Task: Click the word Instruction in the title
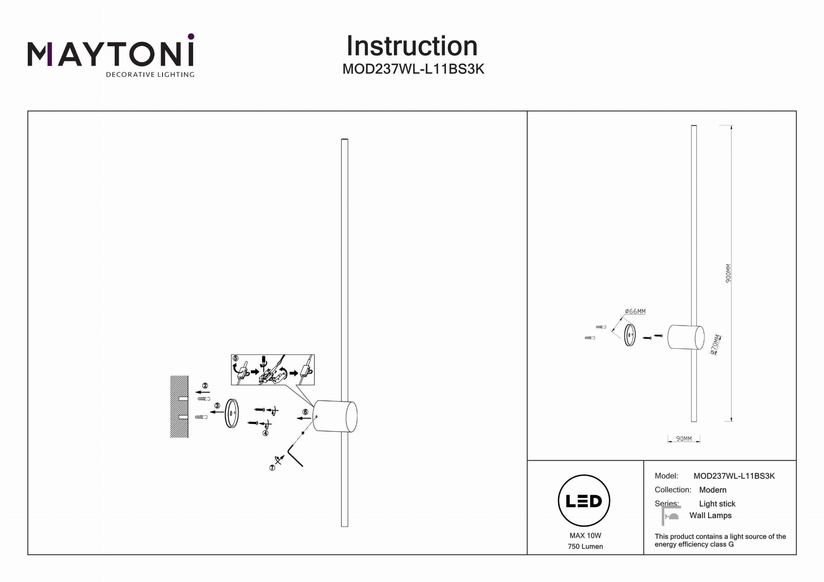tap(412, 46)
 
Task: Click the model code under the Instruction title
tap(413, 69)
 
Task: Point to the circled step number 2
tap(205, 386)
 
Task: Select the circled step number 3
tap(217, 406)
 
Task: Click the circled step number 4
tap(266, 433)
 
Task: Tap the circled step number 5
tap(236, 358)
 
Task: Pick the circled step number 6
tap(305, 412)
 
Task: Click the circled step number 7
tap(272, 468)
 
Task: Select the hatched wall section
tap(179, 407)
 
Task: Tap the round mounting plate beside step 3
tap(232, 413)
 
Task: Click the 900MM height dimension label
tap(728, 274)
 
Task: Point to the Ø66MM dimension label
tap(635, 311)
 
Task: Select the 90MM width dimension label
tap(684, 439)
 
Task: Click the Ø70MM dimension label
tap(715, 345)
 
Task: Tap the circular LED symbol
tap(584, 501)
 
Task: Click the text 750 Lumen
tap(585, 546)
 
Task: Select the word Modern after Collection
tap(713, 490)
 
